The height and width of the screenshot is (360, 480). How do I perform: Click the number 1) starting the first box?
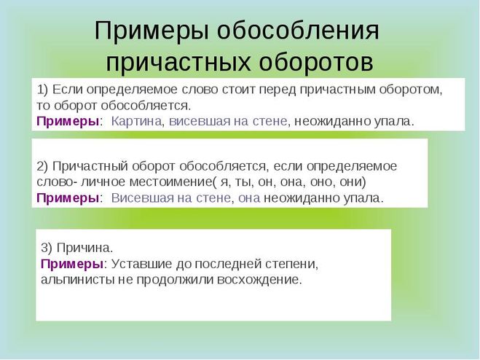pos(42,89)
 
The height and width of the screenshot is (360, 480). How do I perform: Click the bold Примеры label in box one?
pos(68,121)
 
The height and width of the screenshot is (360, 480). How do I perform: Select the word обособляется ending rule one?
pos(153,105)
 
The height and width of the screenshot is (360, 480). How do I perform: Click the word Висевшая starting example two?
pos(140,197)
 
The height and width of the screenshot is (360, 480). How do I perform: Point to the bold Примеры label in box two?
pos(68,197)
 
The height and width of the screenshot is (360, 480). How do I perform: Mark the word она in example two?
pos(248,197)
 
